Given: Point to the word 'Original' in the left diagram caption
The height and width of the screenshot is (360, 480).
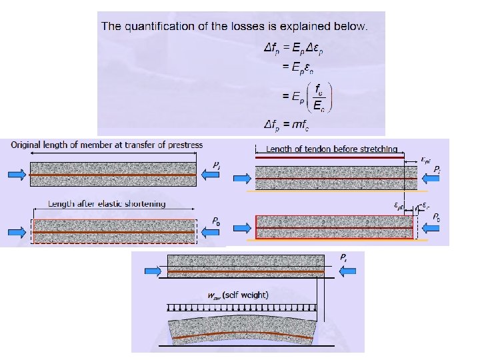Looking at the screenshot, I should click(x=32, y=145).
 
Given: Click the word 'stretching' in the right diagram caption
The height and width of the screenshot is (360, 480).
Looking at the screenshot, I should click(x=375, y=149).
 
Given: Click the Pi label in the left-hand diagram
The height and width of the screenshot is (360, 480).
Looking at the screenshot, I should click(x=217, y=164).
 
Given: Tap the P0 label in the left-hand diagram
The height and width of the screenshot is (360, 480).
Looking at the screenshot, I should click(x=217, y=219).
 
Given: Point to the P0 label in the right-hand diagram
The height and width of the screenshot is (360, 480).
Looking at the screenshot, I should click(x=436, y=217).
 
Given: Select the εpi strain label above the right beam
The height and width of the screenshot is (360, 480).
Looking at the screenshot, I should click(x=426, y=160).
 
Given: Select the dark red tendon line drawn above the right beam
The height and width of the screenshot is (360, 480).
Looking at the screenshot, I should click(x=329, y=157).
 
